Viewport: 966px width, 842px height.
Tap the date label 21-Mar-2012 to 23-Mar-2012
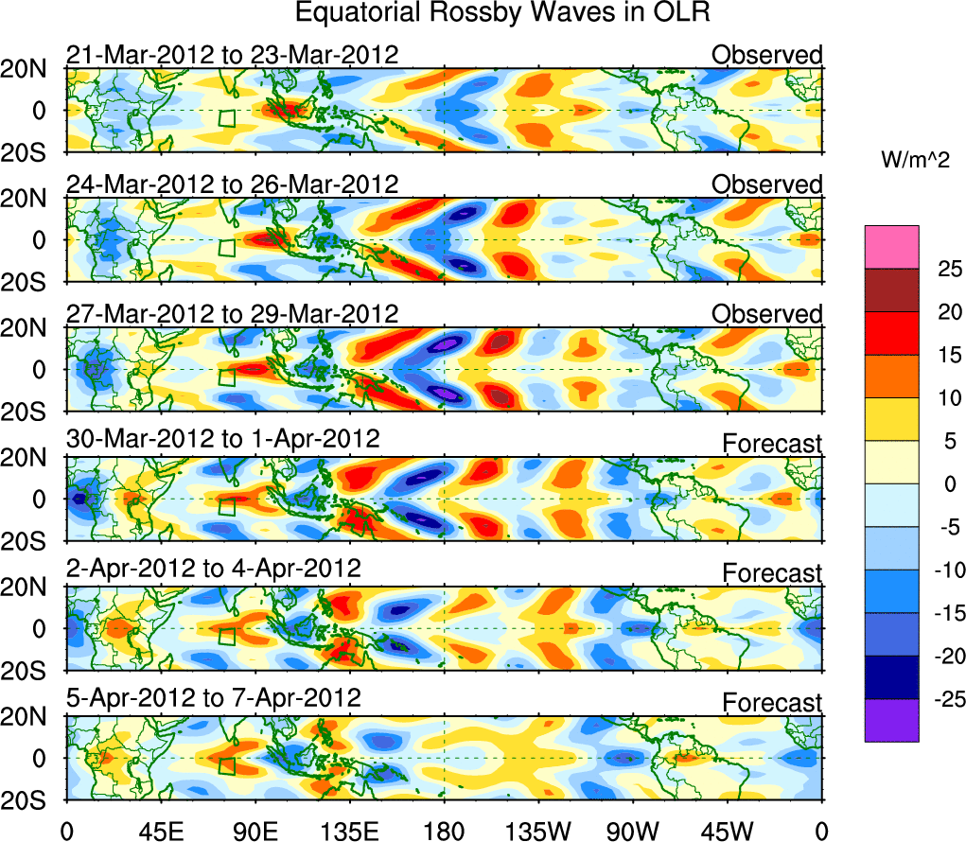(232, 55)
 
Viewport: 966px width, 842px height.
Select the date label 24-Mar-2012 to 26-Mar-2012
(232, 184)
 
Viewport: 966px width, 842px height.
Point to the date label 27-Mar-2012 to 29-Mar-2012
(232, 313)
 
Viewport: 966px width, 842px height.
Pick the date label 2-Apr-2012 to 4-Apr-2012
(214, 569)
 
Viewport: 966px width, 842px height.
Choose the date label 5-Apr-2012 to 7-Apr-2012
(214, 698)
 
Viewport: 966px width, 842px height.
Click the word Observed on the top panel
(767, 55)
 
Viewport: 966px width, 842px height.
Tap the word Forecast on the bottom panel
(773, 703)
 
